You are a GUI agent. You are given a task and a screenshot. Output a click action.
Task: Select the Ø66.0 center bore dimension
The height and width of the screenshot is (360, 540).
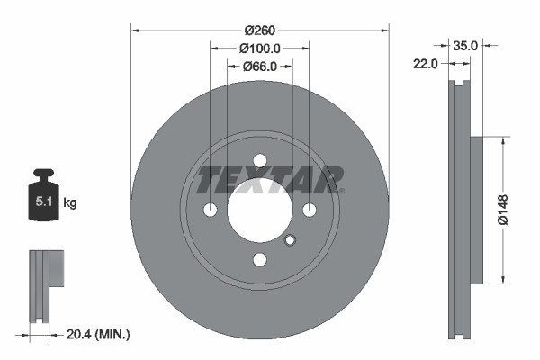259,66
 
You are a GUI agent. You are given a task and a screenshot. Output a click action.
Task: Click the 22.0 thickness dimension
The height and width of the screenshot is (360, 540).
427,63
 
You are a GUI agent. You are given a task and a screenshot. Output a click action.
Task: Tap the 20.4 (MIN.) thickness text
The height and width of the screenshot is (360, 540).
99,334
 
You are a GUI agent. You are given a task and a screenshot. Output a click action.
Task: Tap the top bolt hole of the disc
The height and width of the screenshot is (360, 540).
260,160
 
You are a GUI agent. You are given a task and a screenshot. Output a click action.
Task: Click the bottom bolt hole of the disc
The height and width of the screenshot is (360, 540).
260,260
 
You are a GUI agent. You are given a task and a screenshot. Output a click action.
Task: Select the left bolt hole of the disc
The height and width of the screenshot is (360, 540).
211,211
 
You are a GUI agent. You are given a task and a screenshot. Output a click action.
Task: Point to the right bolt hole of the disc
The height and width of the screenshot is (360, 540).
310,211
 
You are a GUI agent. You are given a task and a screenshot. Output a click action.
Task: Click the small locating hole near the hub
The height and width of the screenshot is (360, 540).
290,240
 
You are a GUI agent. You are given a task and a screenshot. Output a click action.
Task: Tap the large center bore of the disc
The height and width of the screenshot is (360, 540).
260,211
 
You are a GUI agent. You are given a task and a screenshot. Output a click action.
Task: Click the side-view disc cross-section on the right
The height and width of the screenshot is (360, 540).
463,211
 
